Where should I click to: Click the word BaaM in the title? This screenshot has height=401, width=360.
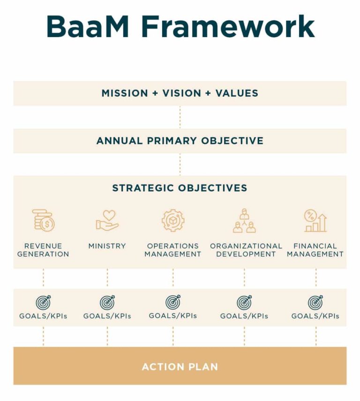tap(88, 27)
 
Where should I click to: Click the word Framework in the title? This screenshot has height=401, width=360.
tap(228, 27)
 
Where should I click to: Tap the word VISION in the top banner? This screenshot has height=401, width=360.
tap(182, 93)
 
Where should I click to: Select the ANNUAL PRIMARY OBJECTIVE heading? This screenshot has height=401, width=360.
tap(180, 141)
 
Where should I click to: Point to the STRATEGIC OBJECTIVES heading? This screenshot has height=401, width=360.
tap(180, 188)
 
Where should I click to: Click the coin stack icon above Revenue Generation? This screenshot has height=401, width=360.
tap(43, 221)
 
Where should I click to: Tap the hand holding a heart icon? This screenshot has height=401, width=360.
tap(107, 221)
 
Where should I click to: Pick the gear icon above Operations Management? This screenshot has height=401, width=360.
tap(173, 221)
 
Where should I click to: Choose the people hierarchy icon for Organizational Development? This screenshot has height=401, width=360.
tap(244, 221)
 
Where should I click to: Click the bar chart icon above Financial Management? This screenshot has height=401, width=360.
tap(315, 221)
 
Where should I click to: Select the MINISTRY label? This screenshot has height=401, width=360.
tap(107, 246)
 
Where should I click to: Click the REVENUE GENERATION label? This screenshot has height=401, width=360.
tap(43, 250)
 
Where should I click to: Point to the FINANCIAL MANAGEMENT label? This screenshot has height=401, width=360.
tap(315, 250)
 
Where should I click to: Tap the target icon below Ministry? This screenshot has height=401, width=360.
tap(107, 302)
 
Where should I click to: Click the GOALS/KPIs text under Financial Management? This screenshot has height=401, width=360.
tap(315, 316)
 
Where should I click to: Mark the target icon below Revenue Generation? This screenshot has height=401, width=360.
tap(43, 302)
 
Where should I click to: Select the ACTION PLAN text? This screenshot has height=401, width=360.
tap(180, 367)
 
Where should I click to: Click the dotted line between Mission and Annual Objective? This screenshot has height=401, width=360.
tap(180, 117)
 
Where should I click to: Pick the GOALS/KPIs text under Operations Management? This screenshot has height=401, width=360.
tap(173, 316)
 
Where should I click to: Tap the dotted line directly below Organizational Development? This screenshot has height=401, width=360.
tap(244, 277)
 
